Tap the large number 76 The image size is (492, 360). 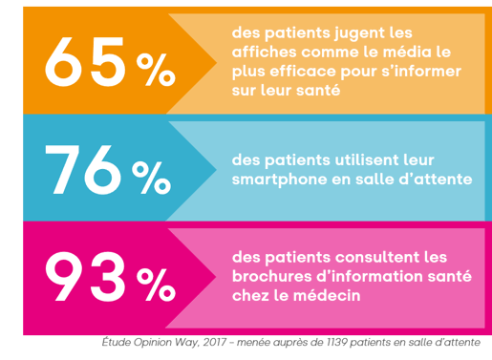coord(86,168)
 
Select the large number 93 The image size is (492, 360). coord(86,278)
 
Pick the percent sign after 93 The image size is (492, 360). coord(155,284)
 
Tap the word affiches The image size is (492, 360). coord(260,51)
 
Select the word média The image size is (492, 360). coord(401,51)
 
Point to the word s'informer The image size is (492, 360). coord(420,71)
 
